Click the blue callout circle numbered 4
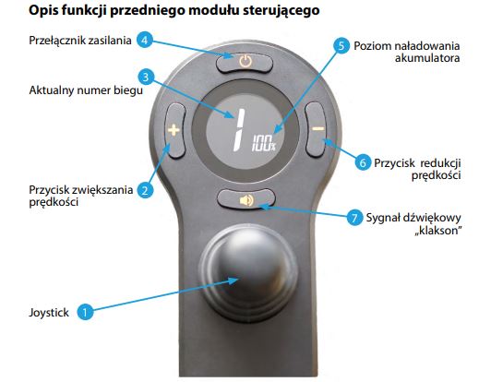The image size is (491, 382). (x=145, y=40)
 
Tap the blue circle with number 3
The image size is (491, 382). (x=146, y=77)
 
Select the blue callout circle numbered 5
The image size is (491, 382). (x=341, y=46)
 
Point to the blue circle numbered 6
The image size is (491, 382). (x=363, y=162)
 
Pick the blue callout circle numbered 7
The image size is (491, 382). (x=355, y=217)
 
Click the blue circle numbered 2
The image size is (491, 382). (x=145, y=190)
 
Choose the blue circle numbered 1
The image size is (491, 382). (x=85, y=312)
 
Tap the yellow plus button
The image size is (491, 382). (x=174, y=130)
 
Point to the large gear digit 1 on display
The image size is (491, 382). (x=238, y=130)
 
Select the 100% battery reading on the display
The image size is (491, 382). (x=264, y=143)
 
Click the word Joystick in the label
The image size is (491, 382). (x=49, y=313)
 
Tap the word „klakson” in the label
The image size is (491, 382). (x=438, y=231)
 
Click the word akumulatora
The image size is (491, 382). (x=427, y=58)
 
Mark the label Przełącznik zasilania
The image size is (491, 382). (x=80, y=41)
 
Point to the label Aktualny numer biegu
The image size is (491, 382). (x=86, y=90)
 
